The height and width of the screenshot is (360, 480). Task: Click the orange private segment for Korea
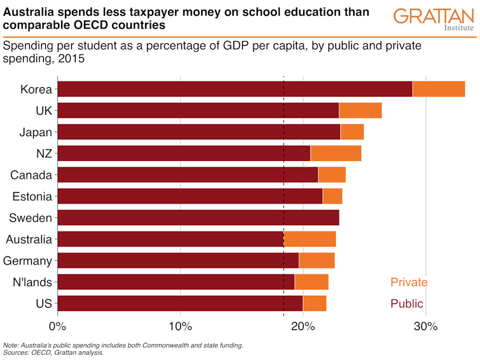click(439, 89)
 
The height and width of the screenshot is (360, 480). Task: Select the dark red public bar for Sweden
click(198, 218)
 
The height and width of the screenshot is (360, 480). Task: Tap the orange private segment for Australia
click(309, 239)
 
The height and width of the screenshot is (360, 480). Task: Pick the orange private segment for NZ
click(335, 153)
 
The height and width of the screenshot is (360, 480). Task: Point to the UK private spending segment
click(360, 111)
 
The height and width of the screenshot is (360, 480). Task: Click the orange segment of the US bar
click(314, 303)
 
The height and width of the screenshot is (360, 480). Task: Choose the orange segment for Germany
click(316, 261)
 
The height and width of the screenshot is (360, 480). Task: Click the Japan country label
click(36, 132)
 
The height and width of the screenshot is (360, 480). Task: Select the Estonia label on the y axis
click(32, 197)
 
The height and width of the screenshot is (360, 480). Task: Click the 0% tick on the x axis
click(58, 327)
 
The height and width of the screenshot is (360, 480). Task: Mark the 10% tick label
click(180, 327)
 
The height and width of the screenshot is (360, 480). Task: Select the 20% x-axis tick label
click(303, 327)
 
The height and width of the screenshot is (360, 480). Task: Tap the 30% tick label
click(425, 327)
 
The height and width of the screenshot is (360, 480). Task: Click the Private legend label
click(409, 282)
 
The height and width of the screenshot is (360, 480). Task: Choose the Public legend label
click(407, 303)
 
